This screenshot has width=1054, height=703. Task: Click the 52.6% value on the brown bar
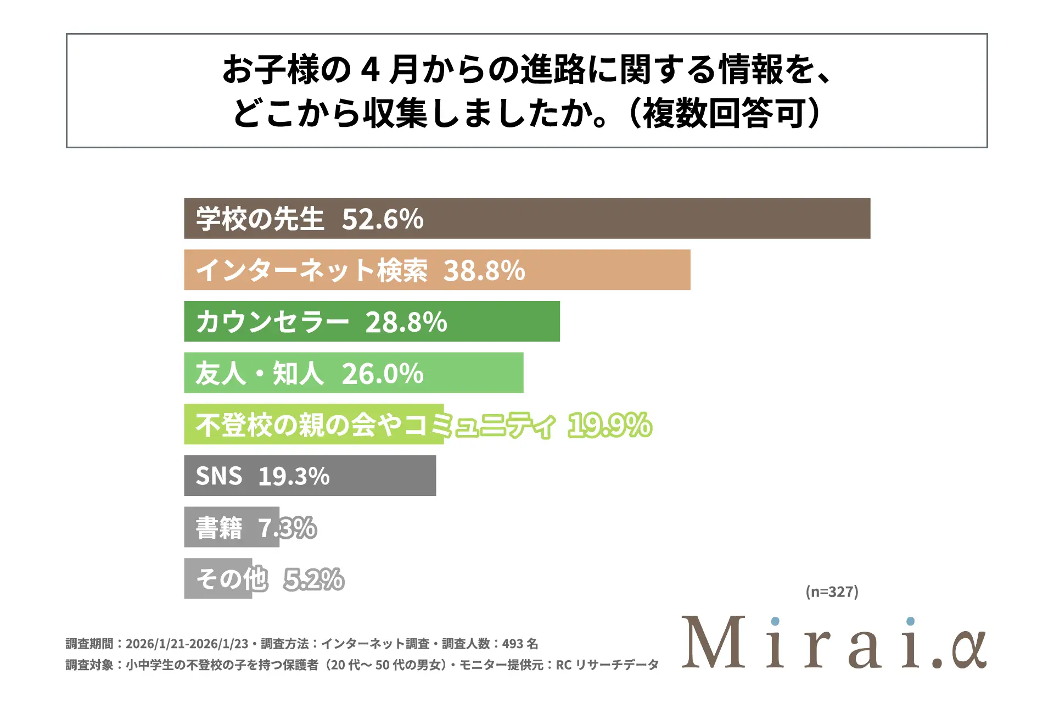pos(383,219)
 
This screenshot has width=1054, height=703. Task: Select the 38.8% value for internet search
pos(484,271)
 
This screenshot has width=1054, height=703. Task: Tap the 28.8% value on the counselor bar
pos(406,322)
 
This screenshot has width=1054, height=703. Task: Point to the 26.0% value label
pos(383,374)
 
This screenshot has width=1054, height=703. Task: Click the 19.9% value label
pos(610,426)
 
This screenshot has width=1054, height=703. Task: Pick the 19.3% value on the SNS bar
pos(294,476)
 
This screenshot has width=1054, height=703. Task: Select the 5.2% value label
pos(314,579)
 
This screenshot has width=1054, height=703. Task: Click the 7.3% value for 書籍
pos(288,528)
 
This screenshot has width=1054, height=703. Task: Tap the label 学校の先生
pos(260,219)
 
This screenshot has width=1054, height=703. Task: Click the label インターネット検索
pos(312,271)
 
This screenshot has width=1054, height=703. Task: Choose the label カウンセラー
pos(272,322)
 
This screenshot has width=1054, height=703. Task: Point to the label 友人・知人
pos(260,374)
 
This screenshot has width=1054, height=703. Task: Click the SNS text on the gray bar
pos(219,476)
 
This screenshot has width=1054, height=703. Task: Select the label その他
pos(232,579)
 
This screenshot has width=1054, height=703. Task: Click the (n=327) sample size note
pos(832,592)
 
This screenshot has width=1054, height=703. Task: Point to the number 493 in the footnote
pos(512,644)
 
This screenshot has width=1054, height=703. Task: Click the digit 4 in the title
pos(371,70)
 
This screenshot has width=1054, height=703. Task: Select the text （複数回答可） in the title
pos(725,114)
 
